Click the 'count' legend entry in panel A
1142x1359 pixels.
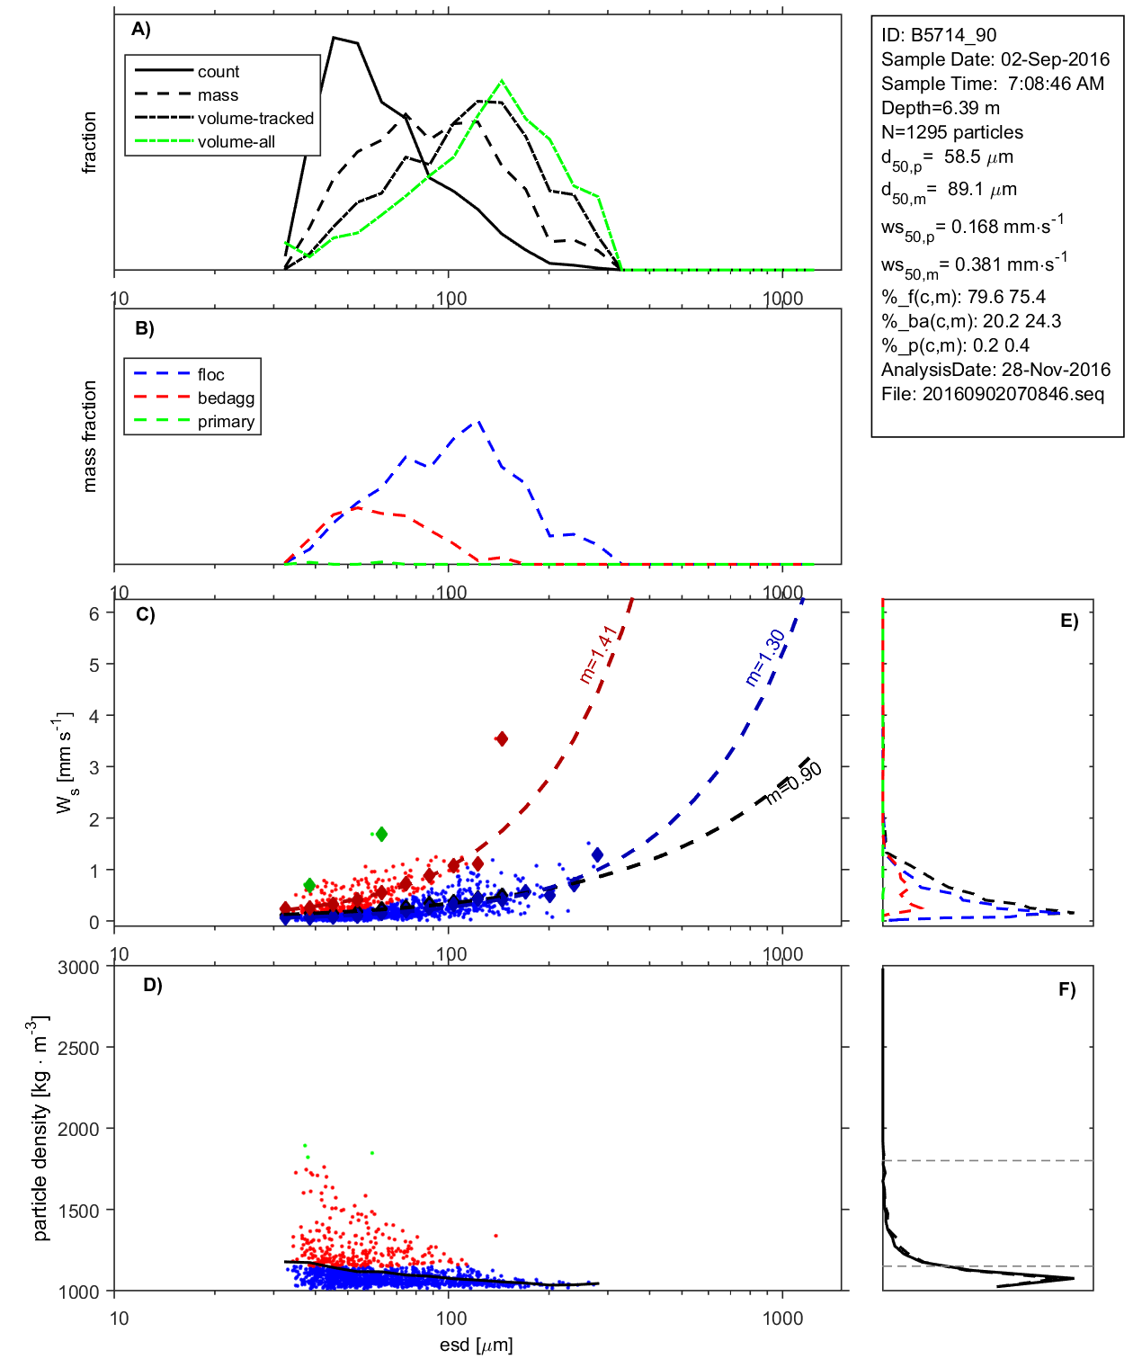coord(219,72)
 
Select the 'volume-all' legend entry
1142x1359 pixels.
coord(236,142)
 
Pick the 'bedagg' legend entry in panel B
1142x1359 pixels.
coord(226,398)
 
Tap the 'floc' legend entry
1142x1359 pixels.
coord(211,375)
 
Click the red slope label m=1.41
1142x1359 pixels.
coord(598,654)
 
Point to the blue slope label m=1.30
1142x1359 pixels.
coord(765,657)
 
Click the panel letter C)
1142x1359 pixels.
coord(145,615)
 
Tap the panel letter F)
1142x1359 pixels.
coord(1066,990)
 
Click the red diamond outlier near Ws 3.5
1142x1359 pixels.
coord(502,738)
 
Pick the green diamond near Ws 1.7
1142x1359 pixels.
coord(381,835)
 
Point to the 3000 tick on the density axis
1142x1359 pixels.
coord(78,968)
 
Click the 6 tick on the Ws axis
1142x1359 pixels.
coord(94,613)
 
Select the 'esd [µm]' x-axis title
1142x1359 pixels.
coord(477,1345)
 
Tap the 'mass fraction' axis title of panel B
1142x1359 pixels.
coord(89,436)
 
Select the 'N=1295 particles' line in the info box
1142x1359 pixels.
coord(951,132)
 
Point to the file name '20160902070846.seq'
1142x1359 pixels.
coord(1013,394)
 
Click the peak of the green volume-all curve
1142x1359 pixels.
coord(502,81)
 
